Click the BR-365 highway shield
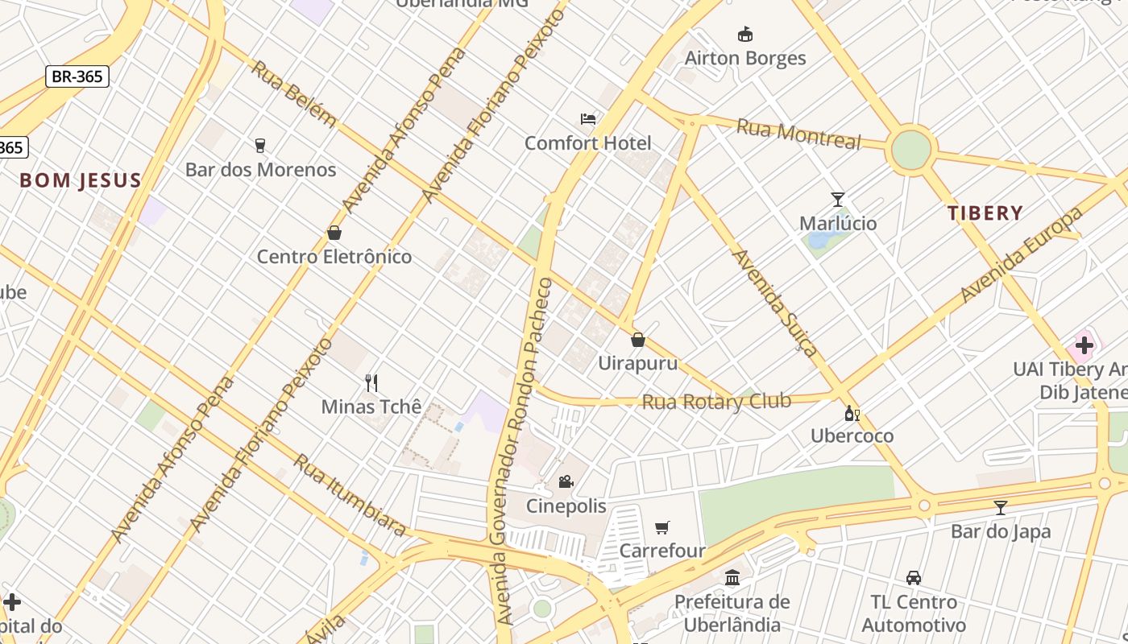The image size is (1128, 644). (x=77, y=76)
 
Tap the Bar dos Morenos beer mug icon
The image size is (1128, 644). (x=259, y=146)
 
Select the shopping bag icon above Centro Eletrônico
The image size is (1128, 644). (x=334, y=233)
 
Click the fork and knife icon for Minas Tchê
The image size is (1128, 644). (x=371, y=382)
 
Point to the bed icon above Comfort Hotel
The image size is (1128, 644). (x=588, y=119)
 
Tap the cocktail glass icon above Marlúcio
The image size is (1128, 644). (x=838, y=199)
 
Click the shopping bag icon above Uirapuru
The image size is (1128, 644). (x=637, y=340)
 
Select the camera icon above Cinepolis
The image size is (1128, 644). (x=566, y=481)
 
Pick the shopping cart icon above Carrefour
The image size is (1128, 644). (x=662, y=527)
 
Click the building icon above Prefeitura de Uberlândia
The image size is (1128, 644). (x=732, y=577)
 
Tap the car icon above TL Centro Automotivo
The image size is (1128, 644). (x=913, y=577)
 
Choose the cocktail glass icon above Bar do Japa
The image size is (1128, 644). (x=1000, y=507)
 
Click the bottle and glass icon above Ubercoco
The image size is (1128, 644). (x=852, y=414)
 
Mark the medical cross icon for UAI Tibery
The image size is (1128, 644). (x=1084, y=345)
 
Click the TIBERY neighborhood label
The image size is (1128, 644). (x=985, y=213)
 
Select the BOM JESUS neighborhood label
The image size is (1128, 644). (x=81, y=180)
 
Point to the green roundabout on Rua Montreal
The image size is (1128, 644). (x=910, y=150)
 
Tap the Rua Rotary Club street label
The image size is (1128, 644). (x=715, y=401)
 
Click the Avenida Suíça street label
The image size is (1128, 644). (x=774, y=302)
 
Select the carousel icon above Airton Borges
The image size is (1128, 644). (x=744, y=34)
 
